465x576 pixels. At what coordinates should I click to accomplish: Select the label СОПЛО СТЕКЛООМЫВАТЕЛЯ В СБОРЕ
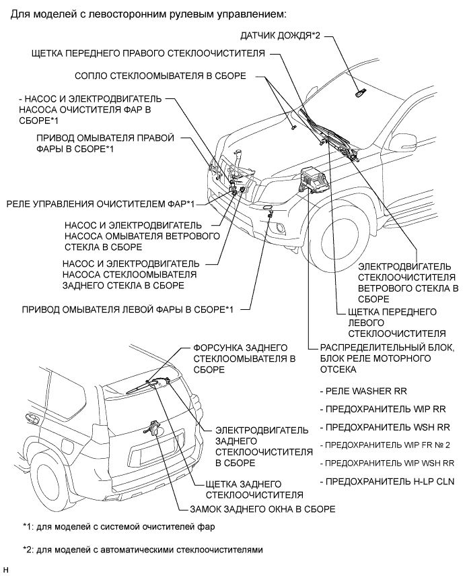(x=161, y=75)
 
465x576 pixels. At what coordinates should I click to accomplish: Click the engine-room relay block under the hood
(x=312, y=181)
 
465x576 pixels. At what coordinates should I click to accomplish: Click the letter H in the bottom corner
(x=6, y=570)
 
